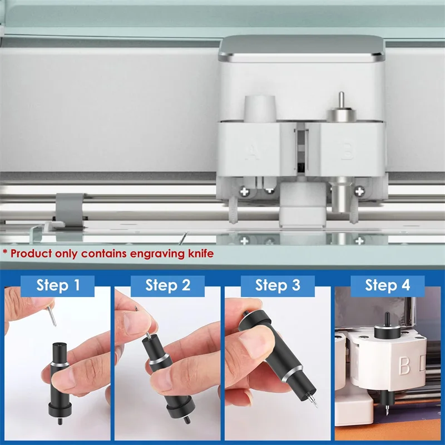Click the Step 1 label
[58, 285]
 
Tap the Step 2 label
[168, 285]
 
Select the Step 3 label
[278, 285]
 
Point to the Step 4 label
[387, 285]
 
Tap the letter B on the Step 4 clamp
[404, 365]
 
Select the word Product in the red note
[31, 253]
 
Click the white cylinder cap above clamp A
[260, 109]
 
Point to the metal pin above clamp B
[342, 101]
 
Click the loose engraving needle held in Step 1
[52, 315]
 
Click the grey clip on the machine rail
[69, 210]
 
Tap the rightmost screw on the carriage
[359, 191]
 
